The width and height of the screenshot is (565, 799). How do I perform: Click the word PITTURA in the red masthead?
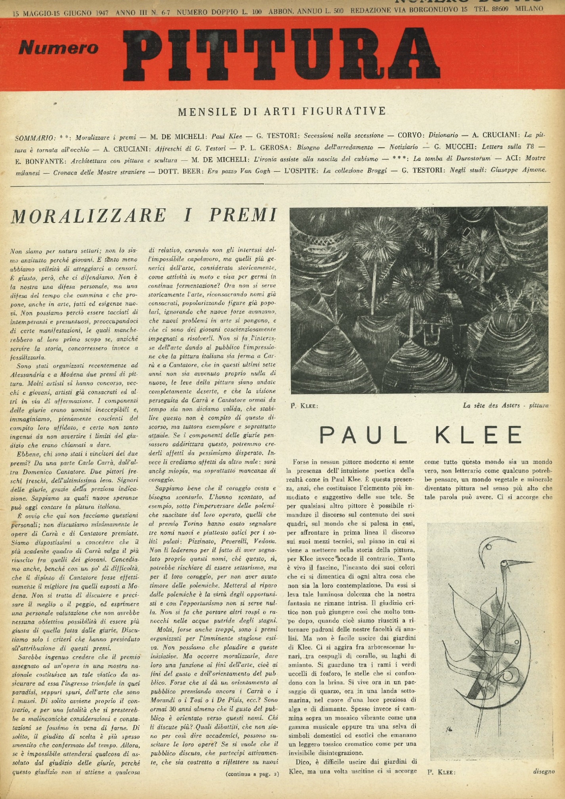tap(282, 54)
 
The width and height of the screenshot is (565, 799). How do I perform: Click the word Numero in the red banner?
tap(58, 48)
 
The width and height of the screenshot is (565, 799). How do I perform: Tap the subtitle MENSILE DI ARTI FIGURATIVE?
tap(282, 111)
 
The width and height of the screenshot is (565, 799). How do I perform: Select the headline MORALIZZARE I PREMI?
tap(144, 215)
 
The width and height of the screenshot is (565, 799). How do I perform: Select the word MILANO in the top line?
tap(529, 9)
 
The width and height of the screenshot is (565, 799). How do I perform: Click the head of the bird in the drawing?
tap(506, 564)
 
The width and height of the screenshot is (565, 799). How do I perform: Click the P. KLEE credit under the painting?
tap(304, 406)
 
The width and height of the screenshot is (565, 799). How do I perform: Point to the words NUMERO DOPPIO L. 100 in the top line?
tap(219, 12)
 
